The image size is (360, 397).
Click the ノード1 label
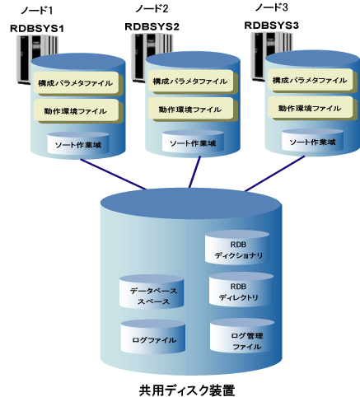pyautogui.click(x=36, y=11)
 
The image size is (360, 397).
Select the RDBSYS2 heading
pyautogui.click(x=152, y=26)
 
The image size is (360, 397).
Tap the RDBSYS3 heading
pyautogui.click(x=271, y=26)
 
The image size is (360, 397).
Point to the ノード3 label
pyautogui.click(x=271, y=7)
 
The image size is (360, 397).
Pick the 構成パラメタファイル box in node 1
pyautogui.click(x=76, y=83)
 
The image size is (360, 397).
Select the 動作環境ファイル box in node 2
pyautogui.click(x=191, y=110)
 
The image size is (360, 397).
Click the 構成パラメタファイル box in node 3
pyautogui.click(x=311, y=81)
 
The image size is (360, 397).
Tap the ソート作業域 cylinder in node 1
pyautogui.click(x=78, y=143)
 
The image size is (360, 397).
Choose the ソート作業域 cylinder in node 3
pyautogui.click(x=313, y=140)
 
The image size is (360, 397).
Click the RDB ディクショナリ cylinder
pyautogui.click(x=237, y=248)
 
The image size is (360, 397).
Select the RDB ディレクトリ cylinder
pyautogui.click(x=241, y=290)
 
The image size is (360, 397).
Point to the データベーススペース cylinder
pyautogui.click(x=152, y=292)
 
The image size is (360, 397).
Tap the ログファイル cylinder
pyautogui.click(x=153, y=337)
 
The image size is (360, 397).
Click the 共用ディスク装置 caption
pyautogui.click(x=187, y=390)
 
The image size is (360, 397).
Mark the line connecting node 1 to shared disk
pyautogui.click(x=114, y=175)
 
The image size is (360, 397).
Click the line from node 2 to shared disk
pyautogui.click(x=194, y=172)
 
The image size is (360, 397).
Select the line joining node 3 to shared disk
pyautogui.click(x=275, y=173)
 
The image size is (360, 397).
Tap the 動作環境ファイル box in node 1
pyautogui.click(x=76, y=111)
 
